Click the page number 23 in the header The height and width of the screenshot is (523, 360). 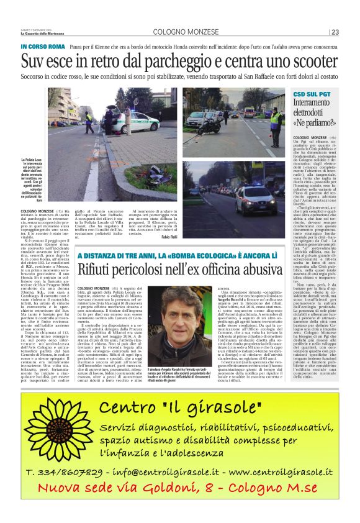[335, 32]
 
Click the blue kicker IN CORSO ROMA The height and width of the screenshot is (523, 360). [42, 47]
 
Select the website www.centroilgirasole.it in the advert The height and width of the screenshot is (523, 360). [273, 489]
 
